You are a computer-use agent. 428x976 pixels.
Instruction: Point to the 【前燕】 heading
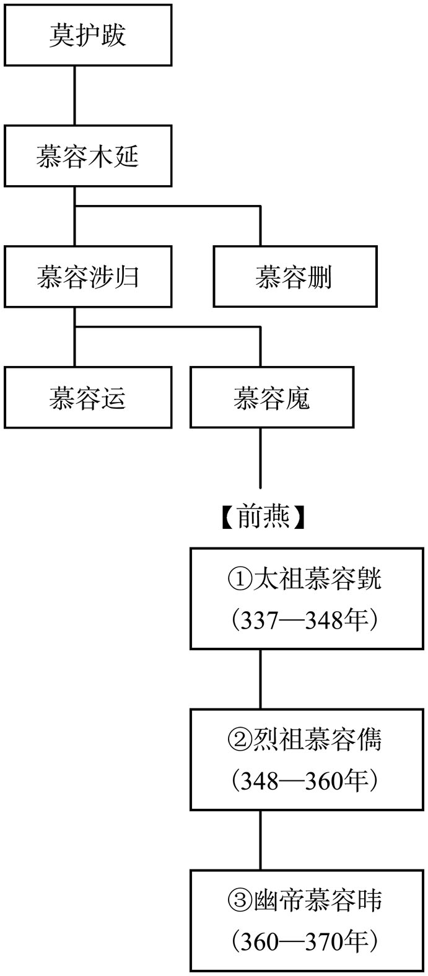263,517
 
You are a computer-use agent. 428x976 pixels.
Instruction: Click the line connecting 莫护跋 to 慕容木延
74,96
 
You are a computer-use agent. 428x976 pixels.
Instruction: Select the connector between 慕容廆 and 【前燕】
261,458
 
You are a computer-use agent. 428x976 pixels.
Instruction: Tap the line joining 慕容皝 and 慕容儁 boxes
261,679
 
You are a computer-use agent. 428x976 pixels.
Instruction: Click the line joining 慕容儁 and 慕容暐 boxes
261,840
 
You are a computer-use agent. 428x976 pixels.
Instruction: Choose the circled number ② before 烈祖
240,741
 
